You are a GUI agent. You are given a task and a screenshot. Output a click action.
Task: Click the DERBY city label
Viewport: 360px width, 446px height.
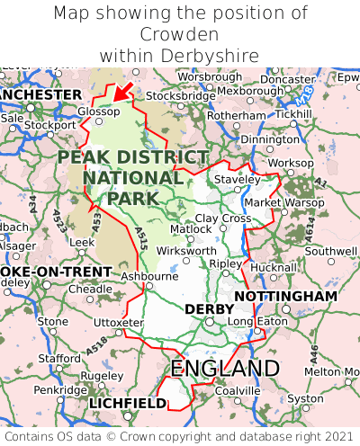coord(209,309)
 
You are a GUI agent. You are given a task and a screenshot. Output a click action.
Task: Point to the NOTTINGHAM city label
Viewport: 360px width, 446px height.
coord(285,296)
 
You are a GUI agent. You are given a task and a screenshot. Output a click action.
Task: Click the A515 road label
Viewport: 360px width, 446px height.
coord(141,238)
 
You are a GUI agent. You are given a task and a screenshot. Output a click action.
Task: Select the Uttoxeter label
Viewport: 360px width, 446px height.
coord(118,322)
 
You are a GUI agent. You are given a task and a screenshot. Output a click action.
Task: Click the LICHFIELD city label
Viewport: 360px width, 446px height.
coord(128,404)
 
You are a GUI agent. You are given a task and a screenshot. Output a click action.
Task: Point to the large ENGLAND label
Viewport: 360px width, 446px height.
coord(225,369)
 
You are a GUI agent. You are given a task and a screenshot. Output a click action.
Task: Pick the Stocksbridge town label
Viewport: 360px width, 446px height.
coord(180,95)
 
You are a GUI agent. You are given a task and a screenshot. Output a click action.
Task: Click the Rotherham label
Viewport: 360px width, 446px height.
coord(237,116)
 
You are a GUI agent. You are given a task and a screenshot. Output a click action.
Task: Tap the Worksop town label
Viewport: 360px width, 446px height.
coord(292,163)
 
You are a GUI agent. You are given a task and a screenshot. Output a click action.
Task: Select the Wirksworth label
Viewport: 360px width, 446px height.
coord(186,251)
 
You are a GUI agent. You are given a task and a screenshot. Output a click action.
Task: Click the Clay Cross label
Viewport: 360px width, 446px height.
coord(223,219)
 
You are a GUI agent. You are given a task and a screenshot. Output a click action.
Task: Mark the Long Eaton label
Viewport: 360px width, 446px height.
coord(253,322)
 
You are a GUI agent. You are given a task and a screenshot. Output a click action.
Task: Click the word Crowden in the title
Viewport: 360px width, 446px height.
coord(180,35)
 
